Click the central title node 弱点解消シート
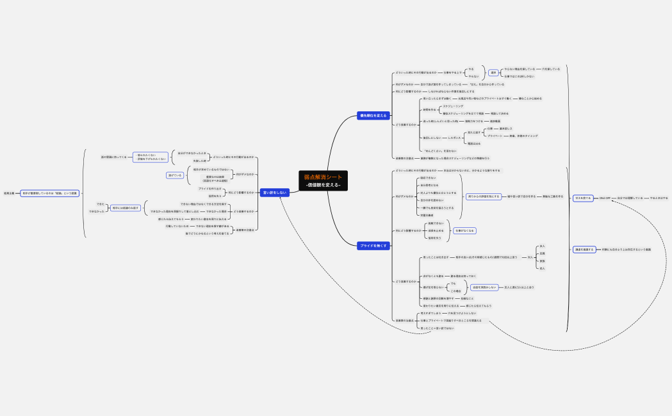point(323,177)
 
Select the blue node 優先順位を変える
point(373,116)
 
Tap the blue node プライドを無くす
point(373,245)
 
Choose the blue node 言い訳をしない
point(274,192)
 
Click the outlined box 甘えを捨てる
point(582,198)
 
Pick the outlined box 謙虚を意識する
point(584,250)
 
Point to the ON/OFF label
point(605,198)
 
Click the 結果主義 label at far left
point(9,193)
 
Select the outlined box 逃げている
point(174,175)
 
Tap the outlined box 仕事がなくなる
point(465,230)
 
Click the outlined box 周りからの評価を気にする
point(484,196)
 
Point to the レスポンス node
point(454,138)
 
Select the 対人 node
point(530,257)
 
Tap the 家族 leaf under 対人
point(543,260)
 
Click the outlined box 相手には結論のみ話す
point(126,208)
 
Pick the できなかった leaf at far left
point(96,211)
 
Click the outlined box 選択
point(493,72)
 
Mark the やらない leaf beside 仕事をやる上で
point(473,76)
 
